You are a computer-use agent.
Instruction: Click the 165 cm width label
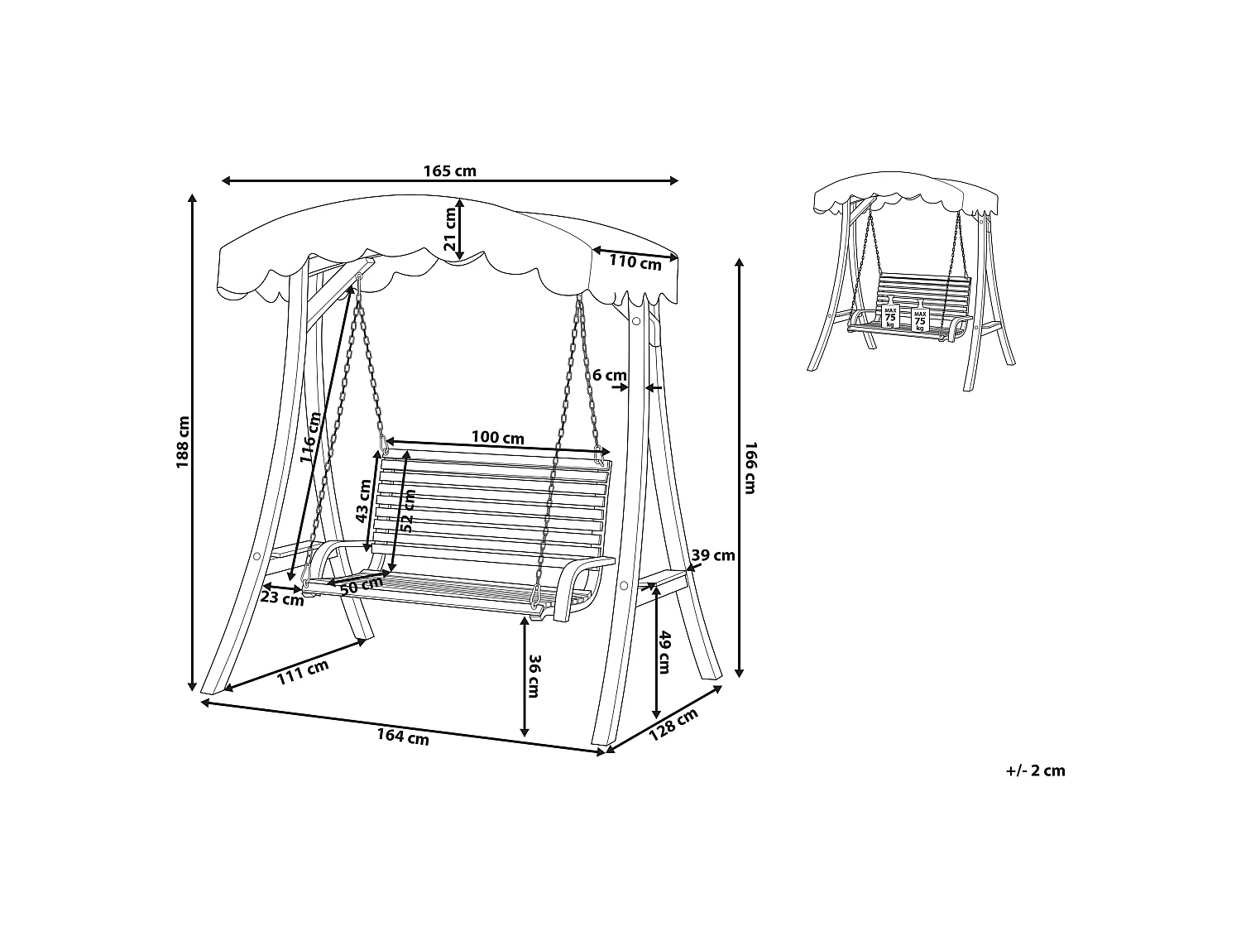click(x=449, y=170)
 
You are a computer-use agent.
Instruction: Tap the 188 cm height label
click(x=183, y=442)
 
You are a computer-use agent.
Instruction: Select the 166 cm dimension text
click(x=750, y=468)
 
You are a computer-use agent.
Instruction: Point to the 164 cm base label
click(x=403, y=737)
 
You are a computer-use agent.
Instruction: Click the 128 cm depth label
click(x=673, y=725)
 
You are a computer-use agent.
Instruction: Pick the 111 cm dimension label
click(x=303, y=672)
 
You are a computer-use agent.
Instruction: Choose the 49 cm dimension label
click(x=665, y=652)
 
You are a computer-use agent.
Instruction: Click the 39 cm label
click(x=713, y=555)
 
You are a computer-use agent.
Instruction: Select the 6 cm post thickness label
click(x=610, y=376)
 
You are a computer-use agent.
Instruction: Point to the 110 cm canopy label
click(x=635, y=262)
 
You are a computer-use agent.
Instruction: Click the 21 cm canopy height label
click(x=449, y=229)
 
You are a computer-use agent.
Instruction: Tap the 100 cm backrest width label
click(x=497, y=438)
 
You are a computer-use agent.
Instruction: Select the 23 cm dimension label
click(x=281, y=597)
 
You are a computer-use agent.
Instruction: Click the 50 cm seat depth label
click(x=362, y=586)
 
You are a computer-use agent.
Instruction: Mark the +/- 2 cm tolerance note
click(x=1035, y=770)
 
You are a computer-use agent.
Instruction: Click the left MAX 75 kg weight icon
click(x=890, y=317)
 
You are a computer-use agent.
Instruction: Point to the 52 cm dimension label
click(x=408, y=511)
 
